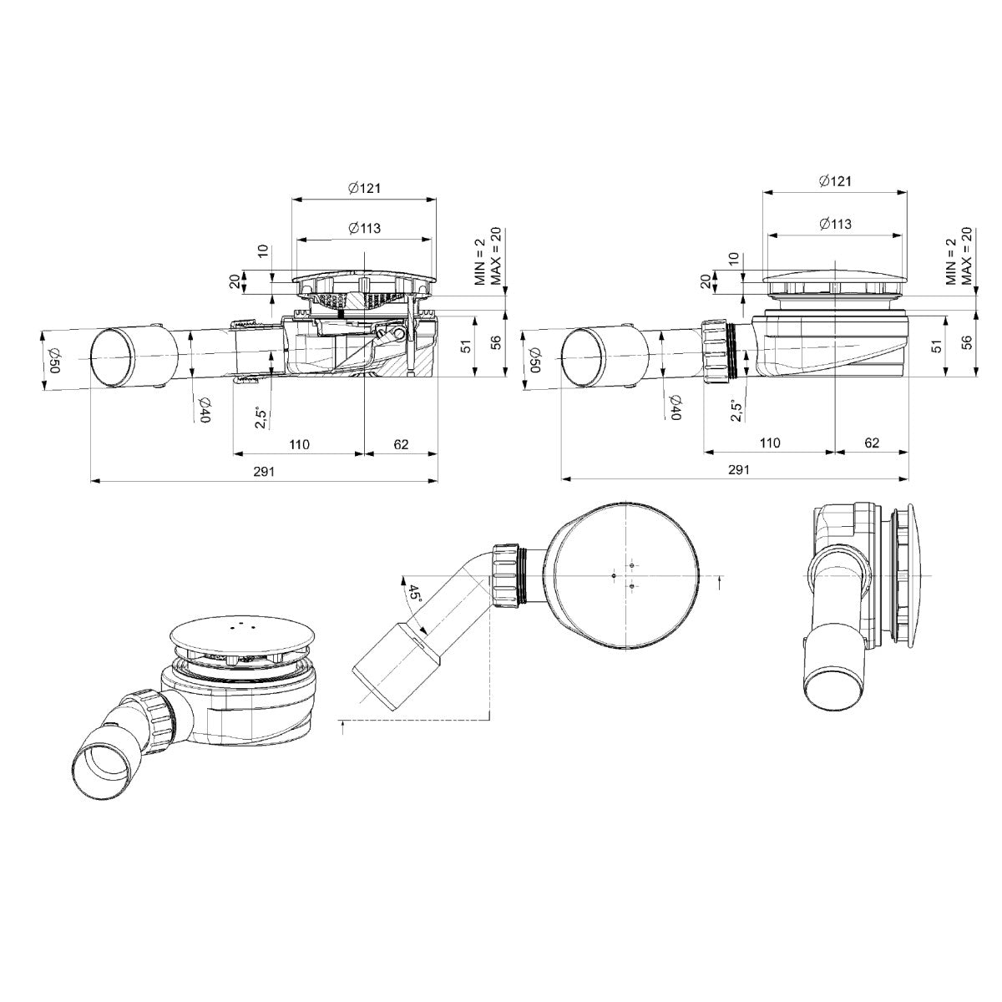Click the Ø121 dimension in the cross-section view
pyautogui.click(x=364, y=189)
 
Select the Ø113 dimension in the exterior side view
pyautogui.click(x=835, y=224)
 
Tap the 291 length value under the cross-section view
pyautogui.click(x=264, y=471)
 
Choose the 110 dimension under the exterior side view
pyautogui.click(x=769, y=443)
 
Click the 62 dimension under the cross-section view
pyautogui.click(x=401, y=444)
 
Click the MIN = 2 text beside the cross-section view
pyautogui.click(x=480, y=261)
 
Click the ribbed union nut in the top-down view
pyautogui.click(x=506, y=575)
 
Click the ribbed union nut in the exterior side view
pyautogui.click(x=717, y=352)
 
